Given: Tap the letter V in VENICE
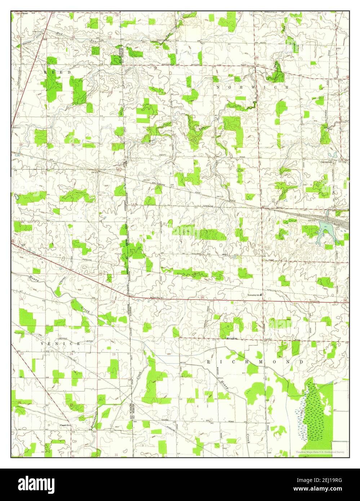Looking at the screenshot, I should pos(42,344).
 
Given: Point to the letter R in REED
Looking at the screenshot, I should pos(46,72).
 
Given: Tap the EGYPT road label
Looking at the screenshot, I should pos(165,154).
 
